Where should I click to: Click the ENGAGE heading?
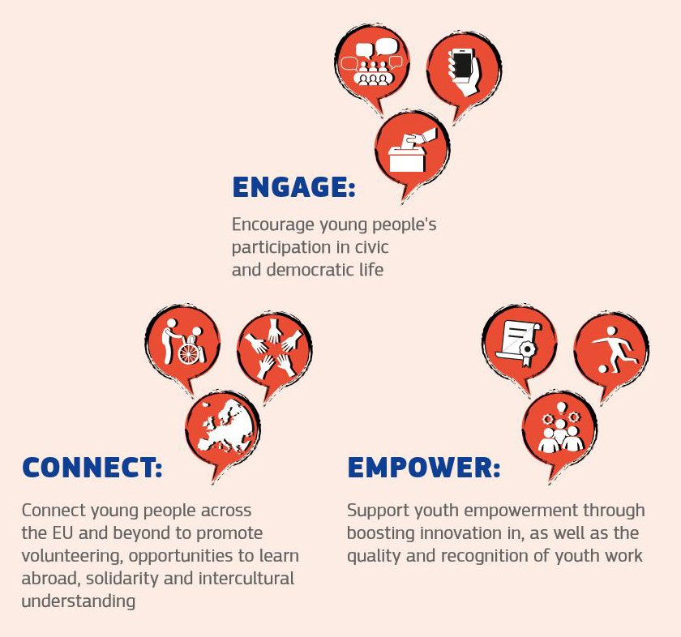[294, 187]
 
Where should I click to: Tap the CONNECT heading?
[92, 468]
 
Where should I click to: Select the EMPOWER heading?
[424, 468]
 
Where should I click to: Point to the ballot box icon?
[411, 150]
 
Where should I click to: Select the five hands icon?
[275, 348]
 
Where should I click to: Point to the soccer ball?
[603, 369]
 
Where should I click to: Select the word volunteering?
[72, 556]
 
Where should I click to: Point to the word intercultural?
[246, 579]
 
